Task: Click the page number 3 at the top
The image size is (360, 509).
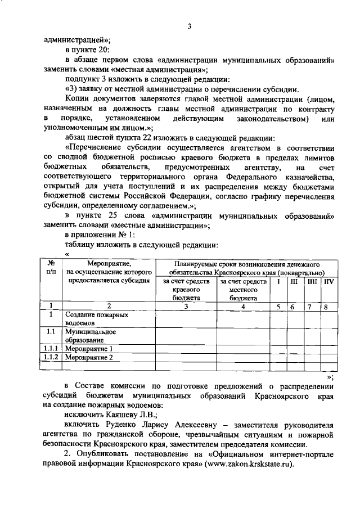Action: click(190, 27)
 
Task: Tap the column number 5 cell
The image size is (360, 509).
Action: click(279, 306)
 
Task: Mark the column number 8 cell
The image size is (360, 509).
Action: click(326, 306)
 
